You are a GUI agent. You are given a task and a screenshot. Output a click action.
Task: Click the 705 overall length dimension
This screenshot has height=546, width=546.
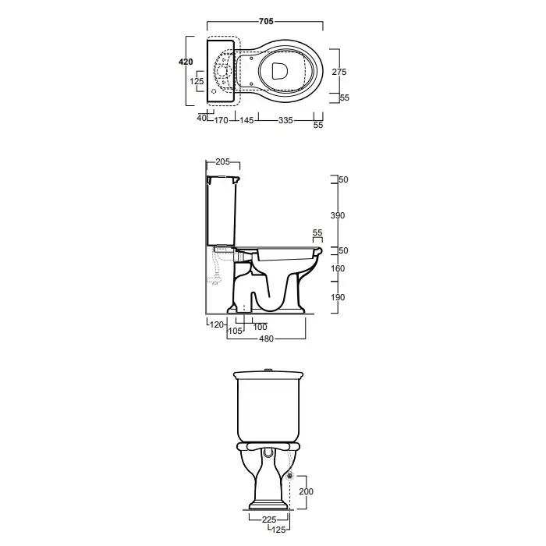(266, 21)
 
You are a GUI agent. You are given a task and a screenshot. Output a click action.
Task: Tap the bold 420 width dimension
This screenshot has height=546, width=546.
(186, 62)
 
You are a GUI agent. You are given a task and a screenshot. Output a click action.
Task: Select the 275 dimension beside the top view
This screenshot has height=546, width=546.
(339, 72)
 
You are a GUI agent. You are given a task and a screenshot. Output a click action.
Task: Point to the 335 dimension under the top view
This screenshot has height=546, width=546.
(285, 120)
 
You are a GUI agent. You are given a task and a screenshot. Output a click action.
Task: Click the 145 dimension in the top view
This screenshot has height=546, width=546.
(246, 120)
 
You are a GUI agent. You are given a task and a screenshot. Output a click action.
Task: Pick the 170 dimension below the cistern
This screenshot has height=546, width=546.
(221, 120)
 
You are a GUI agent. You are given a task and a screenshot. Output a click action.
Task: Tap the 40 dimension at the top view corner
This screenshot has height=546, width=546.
(201, 118)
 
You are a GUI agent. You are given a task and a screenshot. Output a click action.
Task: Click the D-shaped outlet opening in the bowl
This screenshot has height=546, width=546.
(279, 71)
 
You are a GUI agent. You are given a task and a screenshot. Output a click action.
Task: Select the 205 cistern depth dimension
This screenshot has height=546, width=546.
(222, 161)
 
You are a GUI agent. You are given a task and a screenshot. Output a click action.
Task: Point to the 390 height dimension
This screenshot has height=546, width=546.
(338, 215)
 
